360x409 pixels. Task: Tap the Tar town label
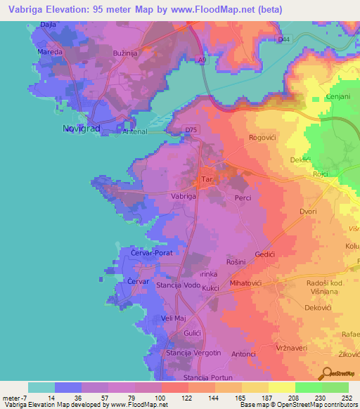(x=207, y=180)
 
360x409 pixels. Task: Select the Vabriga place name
(x=184, y=197)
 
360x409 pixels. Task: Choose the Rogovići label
(x=265, y=138)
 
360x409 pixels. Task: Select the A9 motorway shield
(x=202, y=61)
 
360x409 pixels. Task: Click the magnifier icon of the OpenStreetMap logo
(x=326, y=372)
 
